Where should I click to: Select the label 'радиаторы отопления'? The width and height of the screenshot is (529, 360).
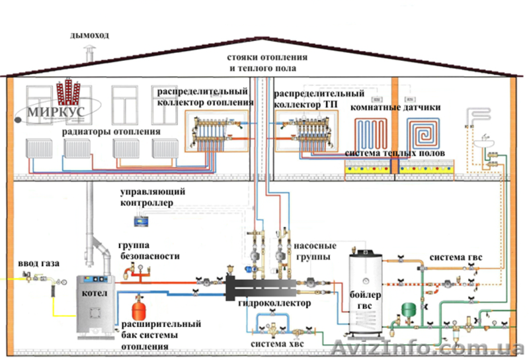click(x=112, y=132)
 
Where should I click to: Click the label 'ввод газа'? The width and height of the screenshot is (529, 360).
click(x=39, y=263)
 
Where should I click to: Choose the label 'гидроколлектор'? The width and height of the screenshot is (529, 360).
click(x=274, y=303)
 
